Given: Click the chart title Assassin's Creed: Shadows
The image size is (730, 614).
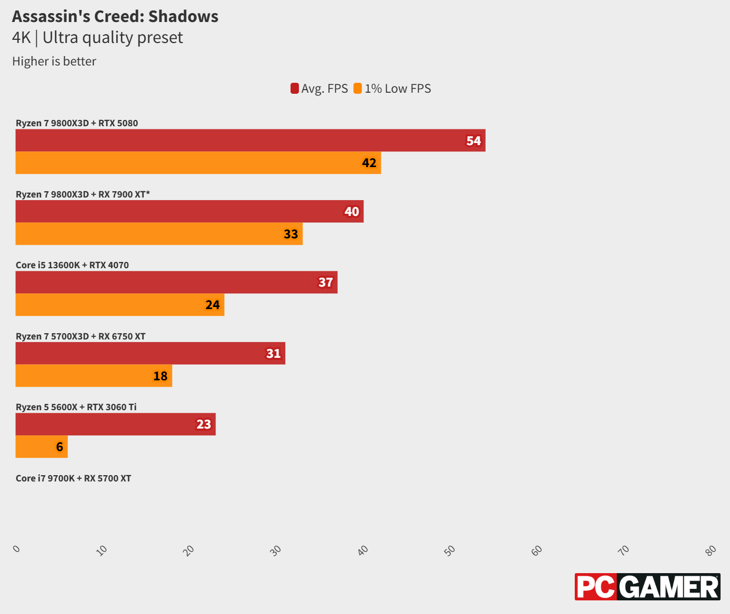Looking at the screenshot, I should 115,17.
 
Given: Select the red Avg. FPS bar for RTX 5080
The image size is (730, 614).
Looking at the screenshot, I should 250,140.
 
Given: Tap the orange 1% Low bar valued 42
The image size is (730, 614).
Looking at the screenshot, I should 198,163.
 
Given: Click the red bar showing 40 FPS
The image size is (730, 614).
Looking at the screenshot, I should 189,211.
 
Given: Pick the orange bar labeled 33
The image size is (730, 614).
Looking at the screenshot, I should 159,234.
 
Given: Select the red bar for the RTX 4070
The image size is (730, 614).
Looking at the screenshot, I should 176,282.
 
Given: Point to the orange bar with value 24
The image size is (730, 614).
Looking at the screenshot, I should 120,305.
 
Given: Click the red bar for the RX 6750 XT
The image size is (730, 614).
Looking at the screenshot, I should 150,353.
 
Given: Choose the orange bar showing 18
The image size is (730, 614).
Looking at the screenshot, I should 94,376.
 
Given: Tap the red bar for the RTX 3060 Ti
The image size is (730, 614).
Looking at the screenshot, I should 115,424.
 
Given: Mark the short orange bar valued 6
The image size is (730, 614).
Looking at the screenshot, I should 41,447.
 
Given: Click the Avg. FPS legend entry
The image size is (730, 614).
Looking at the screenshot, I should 319,89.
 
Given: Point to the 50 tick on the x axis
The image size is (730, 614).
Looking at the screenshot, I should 450,550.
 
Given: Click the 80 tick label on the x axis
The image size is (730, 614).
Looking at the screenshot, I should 711,550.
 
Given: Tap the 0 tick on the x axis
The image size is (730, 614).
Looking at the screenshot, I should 17,549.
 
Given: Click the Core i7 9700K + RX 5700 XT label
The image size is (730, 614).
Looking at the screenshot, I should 73,478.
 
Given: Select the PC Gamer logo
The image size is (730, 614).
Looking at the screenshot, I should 647,587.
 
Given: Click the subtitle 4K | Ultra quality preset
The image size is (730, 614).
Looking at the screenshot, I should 98,38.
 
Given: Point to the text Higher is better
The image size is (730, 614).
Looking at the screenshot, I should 54,61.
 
